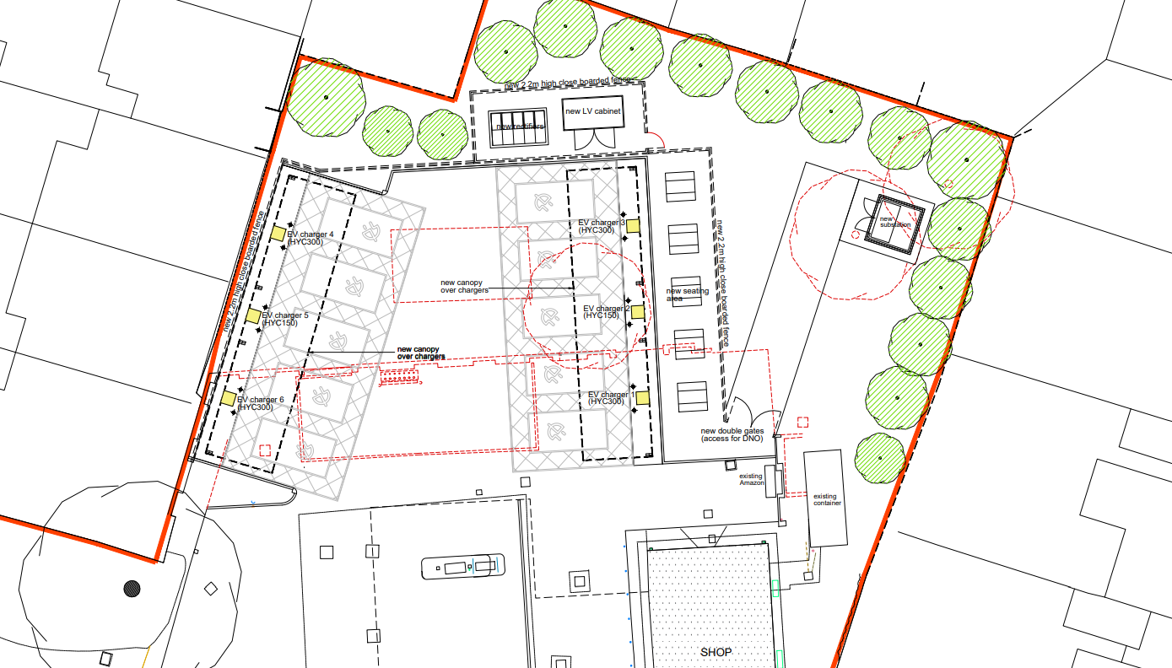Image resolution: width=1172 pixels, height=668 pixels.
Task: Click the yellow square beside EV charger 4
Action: coord(278,234)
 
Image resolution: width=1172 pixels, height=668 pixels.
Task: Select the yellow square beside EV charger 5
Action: coord(253,315)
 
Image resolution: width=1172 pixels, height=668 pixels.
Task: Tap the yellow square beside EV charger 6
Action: coord(228,398)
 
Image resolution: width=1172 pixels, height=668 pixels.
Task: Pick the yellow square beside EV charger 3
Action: coord(632,224)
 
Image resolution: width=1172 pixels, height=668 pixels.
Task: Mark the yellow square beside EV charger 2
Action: coord(638,312)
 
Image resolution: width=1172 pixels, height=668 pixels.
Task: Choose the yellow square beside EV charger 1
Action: coord(642,398)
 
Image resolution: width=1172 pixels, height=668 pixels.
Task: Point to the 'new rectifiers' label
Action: coord(520,127)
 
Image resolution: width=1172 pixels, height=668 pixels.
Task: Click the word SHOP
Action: coord(716,652)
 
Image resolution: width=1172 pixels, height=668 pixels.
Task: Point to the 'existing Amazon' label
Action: coord(751,478)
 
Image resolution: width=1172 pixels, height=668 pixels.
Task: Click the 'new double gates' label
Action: coord(732,431)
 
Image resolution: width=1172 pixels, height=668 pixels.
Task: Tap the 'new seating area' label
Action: coord(688,294)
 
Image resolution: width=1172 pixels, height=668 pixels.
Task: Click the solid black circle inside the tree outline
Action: coord(132,588)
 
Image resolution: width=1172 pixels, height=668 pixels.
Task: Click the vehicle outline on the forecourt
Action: coord(462,566)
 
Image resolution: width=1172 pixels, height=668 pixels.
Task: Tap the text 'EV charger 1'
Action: coord(608,395)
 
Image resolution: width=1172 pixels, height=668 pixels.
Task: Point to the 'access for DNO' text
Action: coord(732,439)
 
